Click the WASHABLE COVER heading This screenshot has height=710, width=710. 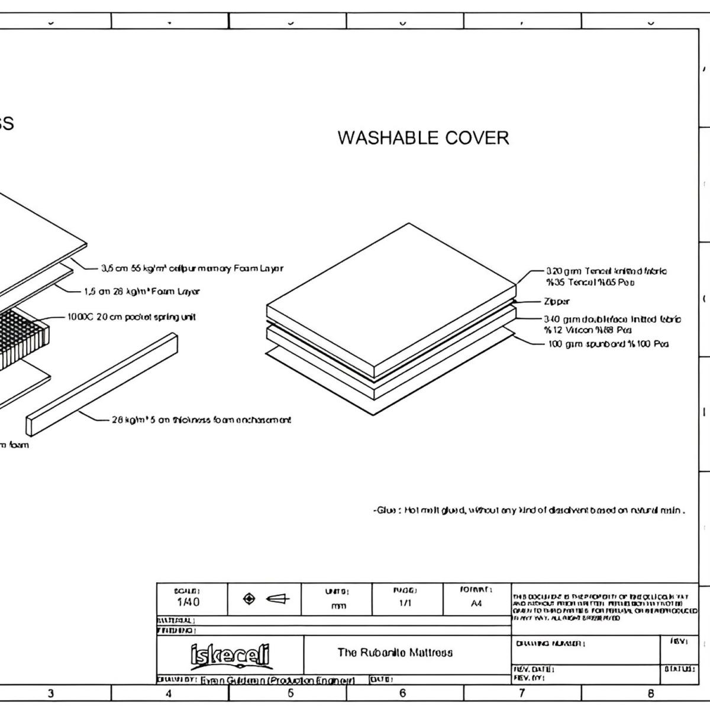point(423,138)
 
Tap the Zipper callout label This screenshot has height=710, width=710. point(557,301)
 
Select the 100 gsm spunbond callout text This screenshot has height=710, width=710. point(608,344)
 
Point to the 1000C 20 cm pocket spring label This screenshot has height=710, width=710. point(131,317)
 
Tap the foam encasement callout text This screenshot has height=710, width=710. point(201,420)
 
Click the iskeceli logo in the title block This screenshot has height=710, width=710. point(230,655)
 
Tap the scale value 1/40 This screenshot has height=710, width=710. point(188,602)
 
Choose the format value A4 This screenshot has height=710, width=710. point(476,603)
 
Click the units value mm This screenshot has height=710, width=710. point(338,605)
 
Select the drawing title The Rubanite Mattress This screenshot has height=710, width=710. point(395,653)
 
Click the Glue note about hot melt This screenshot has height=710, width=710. point(529,510)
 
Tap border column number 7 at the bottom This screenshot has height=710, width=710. point(522,693)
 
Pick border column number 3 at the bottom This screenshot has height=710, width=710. point(51,693)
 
